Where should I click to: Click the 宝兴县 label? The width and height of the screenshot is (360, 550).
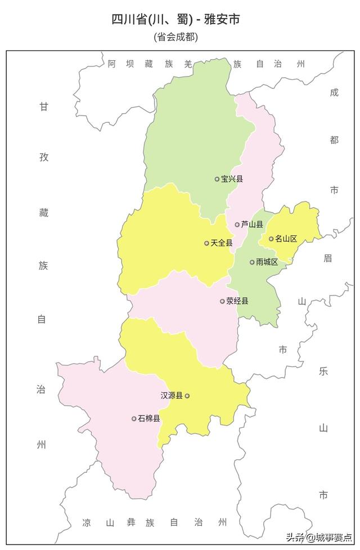point(232,179)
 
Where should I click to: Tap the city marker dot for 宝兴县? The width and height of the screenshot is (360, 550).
point(217,179)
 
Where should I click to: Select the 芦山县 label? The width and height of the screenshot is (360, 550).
point(252,225)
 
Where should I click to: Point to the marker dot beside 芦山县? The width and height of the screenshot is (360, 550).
point(237,225)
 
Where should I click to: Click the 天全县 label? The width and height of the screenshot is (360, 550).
point(222,243)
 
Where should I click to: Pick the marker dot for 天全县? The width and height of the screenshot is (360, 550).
point(207,243)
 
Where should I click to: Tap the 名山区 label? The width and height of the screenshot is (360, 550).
point(286,239)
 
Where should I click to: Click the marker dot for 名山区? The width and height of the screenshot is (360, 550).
point(271,239)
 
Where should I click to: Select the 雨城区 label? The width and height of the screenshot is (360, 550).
point(267,262)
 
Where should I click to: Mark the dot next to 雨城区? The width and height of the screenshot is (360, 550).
point(253,262)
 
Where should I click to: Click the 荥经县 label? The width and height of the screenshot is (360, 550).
point(237,301)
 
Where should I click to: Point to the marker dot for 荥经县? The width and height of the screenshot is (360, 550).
point(223,301)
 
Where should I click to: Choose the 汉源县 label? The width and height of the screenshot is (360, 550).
point(172,396)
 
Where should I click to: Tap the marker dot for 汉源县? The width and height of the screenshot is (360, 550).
point(187,396)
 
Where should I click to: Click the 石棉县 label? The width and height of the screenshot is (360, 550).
point(149,419)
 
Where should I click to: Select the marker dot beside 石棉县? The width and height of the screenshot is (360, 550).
point(134,419)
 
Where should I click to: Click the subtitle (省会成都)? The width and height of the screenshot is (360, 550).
point(176,37)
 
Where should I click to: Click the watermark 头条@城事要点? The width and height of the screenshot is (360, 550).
point(319,536)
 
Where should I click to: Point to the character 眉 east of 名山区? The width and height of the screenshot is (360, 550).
point(328,258)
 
